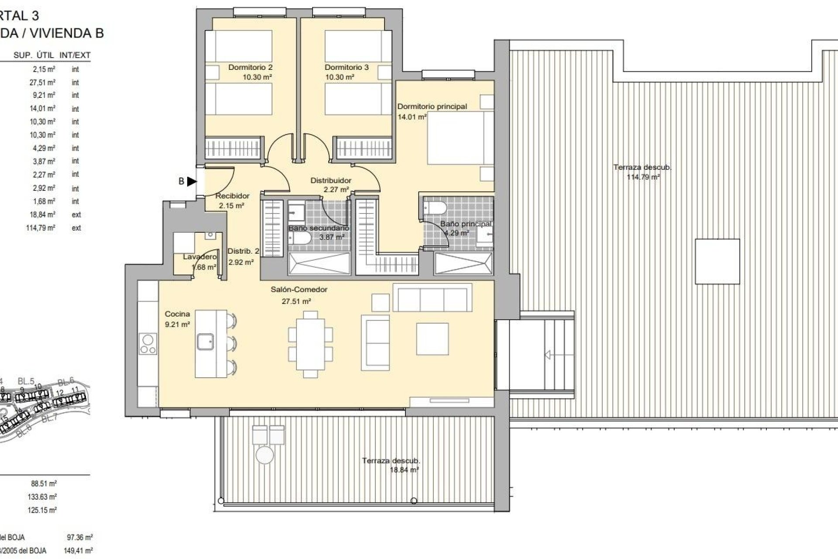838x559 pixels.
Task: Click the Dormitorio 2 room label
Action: [250, 67]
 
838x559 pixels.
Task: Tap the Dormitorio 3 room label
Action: [347, 67]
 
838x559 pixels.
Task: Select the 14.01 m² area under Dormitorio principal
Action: [412, 117]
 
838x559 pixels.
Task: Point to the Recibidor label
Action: [233, 196]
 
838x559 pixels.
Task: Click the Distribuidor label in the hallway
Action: [331, 180]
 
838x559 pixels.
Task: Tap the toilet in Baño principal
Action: [435, 208]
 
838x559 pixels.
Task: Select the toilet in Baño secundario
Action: [299, 238]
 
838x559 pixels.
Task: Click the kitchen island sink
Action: [205, 342]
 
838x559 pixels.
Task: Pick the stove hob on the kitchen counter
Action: [148, 344]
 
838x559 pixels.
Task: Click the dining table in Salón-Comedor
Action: [310, 343]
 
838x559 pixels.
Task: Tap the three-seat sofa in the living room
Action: [432, 297]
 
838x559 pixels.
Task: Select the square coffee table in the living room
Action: [432, 339]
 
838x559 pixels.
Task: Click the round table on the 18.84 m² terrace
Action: [264, 455]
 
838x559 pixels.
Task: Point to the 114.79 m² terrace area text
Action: [643, 177]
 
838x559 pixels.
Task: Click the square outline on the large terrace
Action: [717, 262]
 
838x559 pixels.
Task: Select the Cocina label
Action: [177, 314]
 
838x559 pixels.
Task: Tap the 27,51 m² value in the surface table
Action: [42, 83]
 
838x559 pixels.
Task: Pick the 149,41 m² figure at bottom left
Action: [78, 551]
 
